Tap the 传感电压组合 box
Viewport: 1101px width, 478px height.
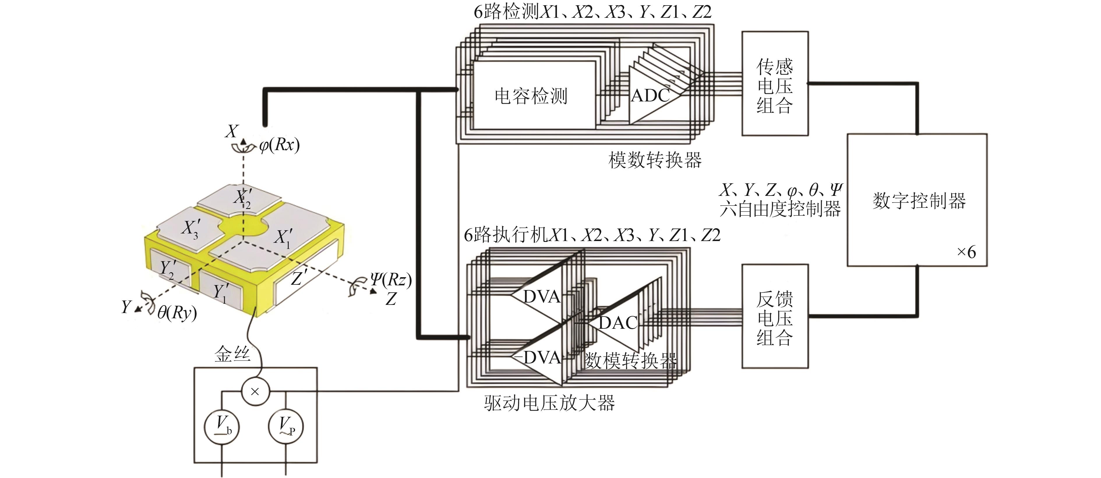[x=774, y=84]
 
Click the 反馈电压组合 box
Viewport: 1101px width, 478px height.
[x=774, y=317]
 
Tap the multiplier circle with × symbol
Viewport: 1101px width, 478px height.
[x=255, y=391]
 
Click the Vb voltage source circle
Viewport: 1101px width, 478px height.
[x=221, y=427]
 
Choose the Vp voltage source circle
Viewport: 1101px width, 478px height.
[x=285, y=427]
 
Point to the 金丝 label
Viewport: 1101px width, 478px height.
[x=232, y=354]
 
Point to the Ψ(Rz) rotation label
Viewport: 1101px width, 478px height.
[x=391, y=280]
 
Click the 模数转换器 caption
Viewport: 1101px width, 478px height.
[x=655, y=160]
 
